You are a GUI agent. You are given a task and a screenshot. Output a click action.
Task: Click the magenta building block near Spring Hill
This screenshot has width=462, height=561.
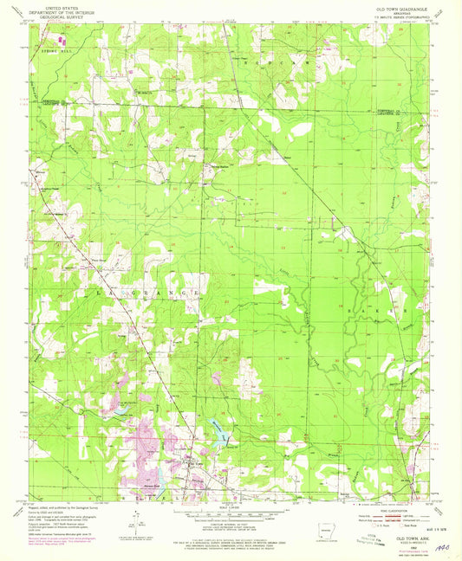(60, 39)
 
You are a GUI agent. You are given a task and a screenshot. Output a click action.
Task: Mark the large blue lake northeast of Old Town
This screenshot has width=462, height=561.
(214, 429)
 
